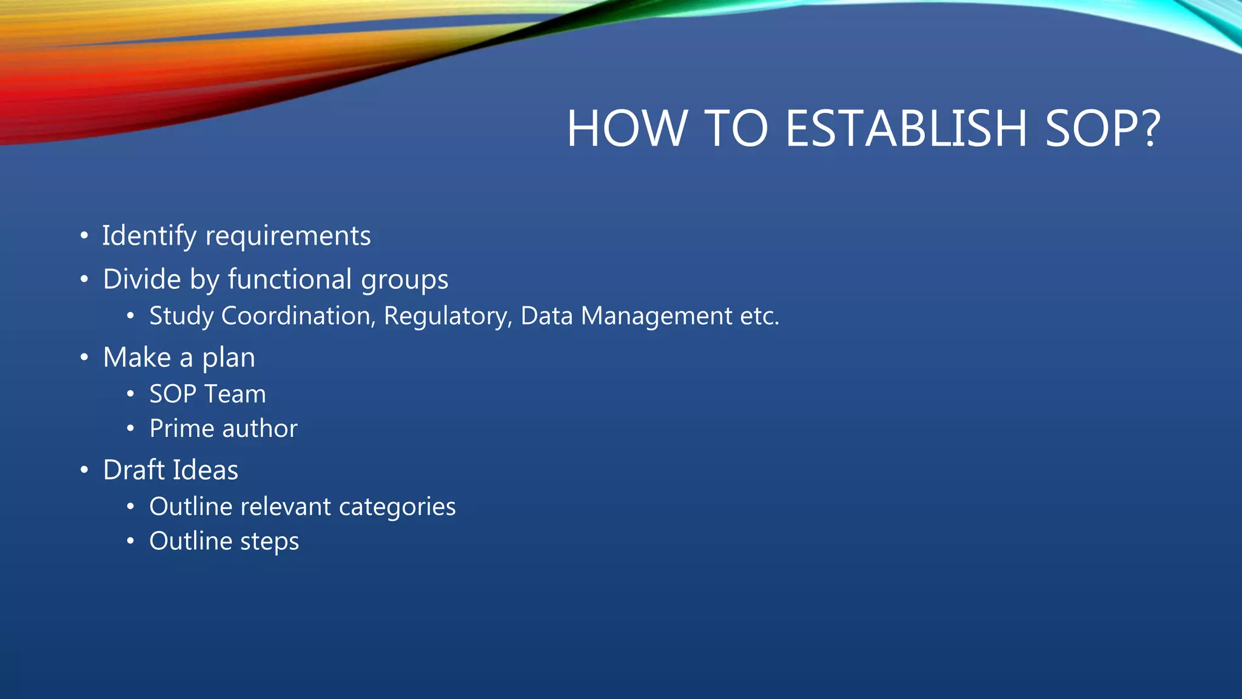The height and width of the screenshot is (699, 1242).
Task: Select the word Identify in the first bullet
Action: click(149, 236)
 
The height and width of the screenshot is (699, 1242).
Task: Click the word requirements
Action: click(288, 236)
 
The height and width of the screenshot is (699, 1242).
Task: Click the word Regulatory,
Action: click(448, 317)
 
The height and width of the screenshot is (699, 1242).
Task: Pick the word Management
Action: click(657, 317)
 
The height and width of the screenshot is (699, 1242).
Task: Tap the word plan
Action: click(229, 359)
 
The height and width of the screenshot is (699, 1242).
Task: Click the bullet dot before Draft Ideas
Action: click(84, 470)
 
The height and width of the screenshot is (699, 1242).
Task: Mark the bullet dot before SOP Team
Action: click(130, 394)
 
